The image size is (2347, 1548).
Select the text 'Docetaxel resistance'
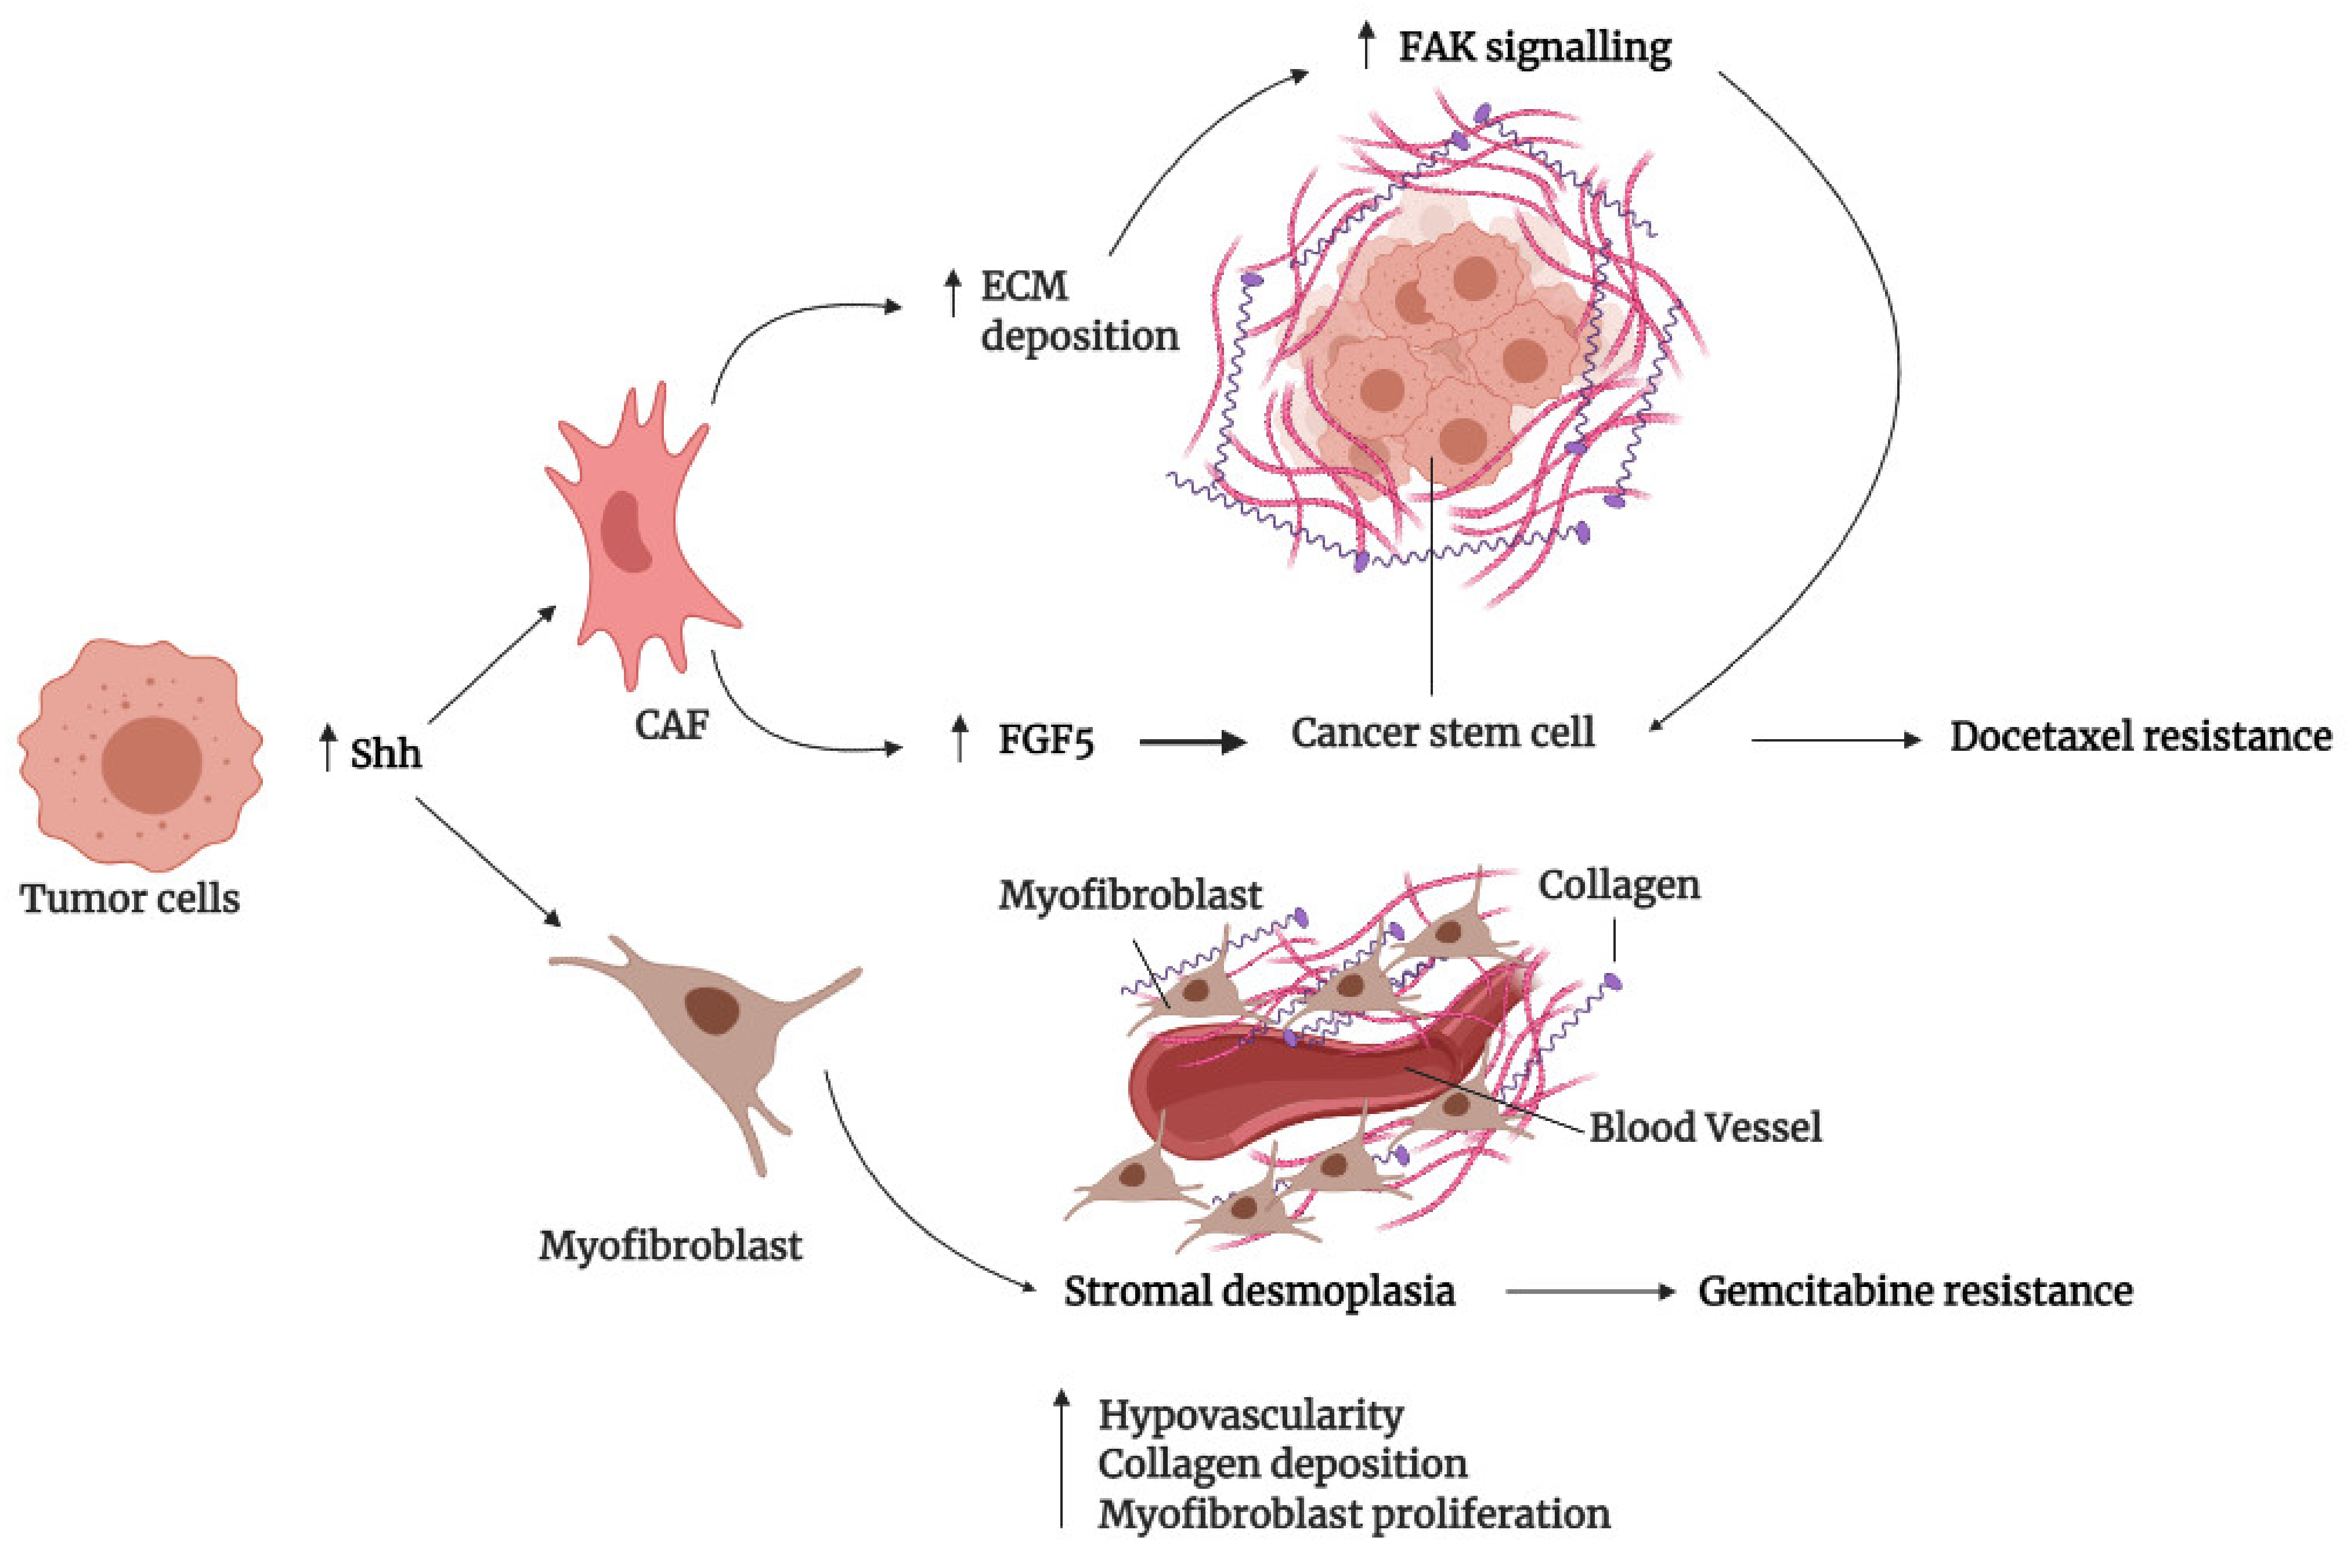(2140, 736)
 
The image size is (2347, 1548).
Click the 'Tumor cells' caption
(131, 898)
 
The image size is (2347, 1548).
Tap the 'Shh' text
(385, 754)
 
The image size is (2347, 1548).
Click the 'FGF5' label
(1046, 739)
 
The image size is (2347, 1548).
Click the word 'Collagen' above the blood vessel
(1619, 885)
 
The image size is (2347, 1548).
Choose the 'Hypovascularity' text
(1250, 1415)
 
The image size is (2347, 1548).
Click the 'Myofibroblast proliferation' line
(1353, 1513)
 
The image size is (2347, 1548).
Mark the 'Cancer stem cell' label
(1443, 733)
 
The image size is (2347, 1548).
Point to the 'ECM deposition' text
(1078, 311)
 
